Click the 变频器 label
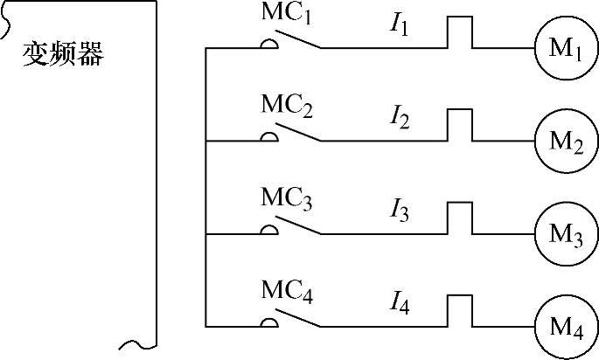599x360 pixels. coord(63,57)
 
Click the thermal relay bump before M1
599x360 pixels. coord(460,33)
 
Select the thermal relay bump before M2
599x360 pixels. coord(460,125)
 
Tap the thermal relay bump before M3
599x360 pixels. coord(460,218)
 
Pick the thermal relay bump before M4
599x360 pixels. coord(460,311)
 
